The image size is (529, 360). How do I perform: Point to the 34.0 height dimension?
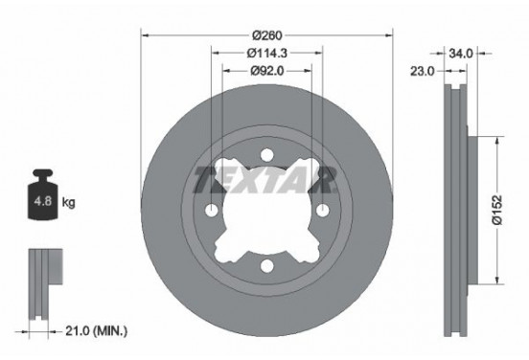pos(461,54)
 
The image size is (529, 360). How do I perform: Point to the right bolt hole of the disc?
pos(324,212)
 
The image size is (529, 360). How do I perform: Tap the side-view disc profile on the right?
pos(457,211)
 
